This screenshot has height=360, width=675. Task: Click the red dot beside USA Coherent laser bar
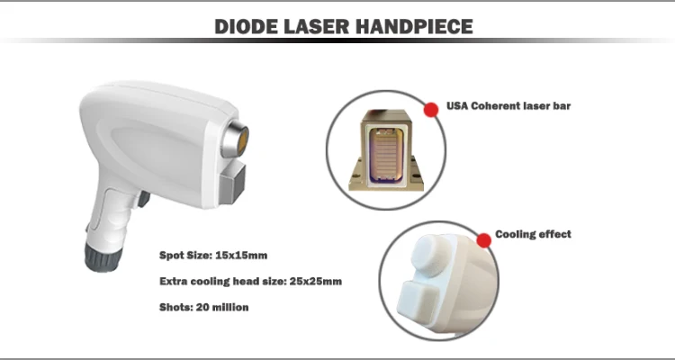(431, 110)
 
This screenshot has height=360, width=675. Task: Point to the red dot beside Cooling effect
(484, 240)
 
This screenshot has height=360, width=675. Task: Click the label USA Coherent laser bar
(508, 106)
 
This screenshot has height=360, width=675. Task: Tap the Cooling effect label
(533, 234)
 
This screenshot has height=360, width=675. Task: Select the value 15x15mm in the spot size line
(241, 256)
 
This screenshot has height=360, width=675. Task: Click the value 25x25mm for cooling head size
(316, 281)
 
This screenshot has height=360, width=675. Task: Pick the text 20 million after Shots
(222, 307)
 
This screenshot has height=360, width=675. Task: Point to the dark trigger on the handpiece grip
(143, 199)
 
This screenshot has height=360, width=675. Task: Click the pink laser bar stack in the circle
(385, 153)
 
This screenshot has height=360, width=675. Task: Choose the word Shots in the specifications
(176, 307)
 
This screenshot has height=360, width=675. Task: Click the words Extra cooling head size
(222, 281)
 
